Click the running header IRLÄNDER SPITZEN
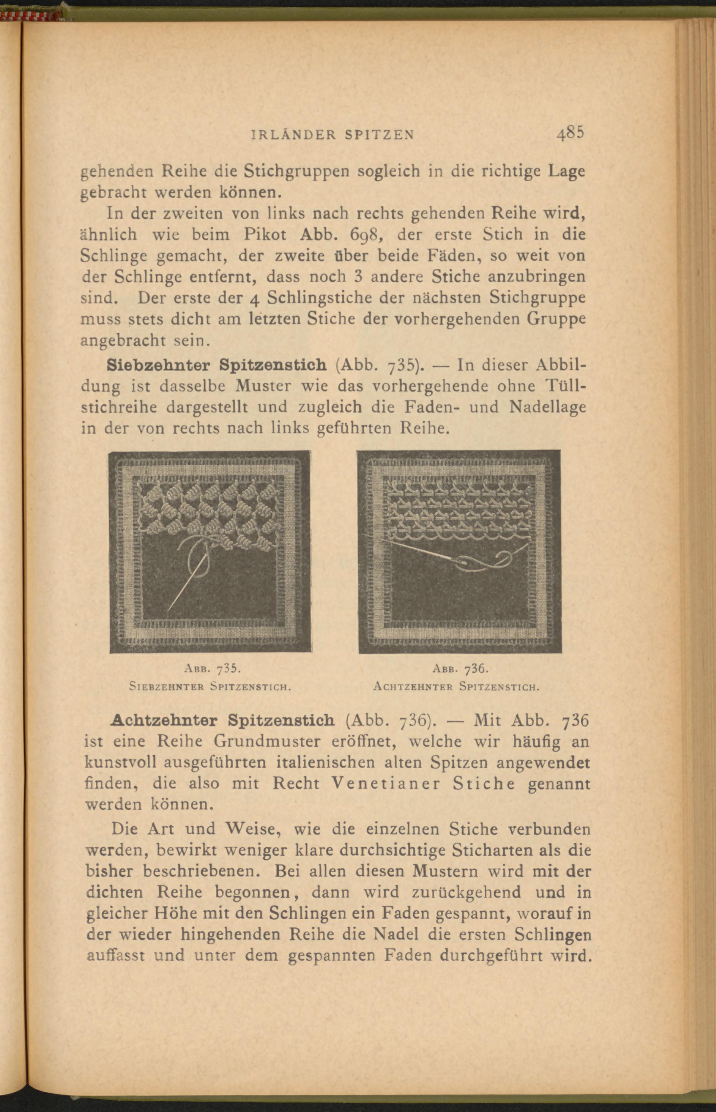pos(332,135)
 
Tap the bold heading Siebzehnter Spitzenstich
pos(216,364)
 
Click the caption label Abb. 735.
pos(212,669)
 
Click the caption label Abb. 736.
pos(459,669)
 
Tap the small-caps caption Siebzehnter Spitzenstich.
pos(210,686)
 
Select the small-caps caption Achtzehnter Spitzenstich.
pos(456,686)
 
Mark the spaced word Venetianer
pos(386,784)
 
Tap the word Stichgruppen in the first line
pos(297,171)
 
